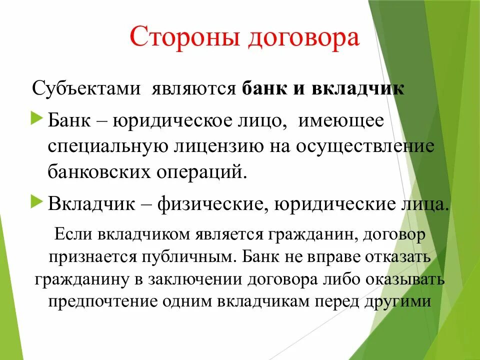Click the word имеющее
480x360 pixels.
(x=341, y=122)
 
